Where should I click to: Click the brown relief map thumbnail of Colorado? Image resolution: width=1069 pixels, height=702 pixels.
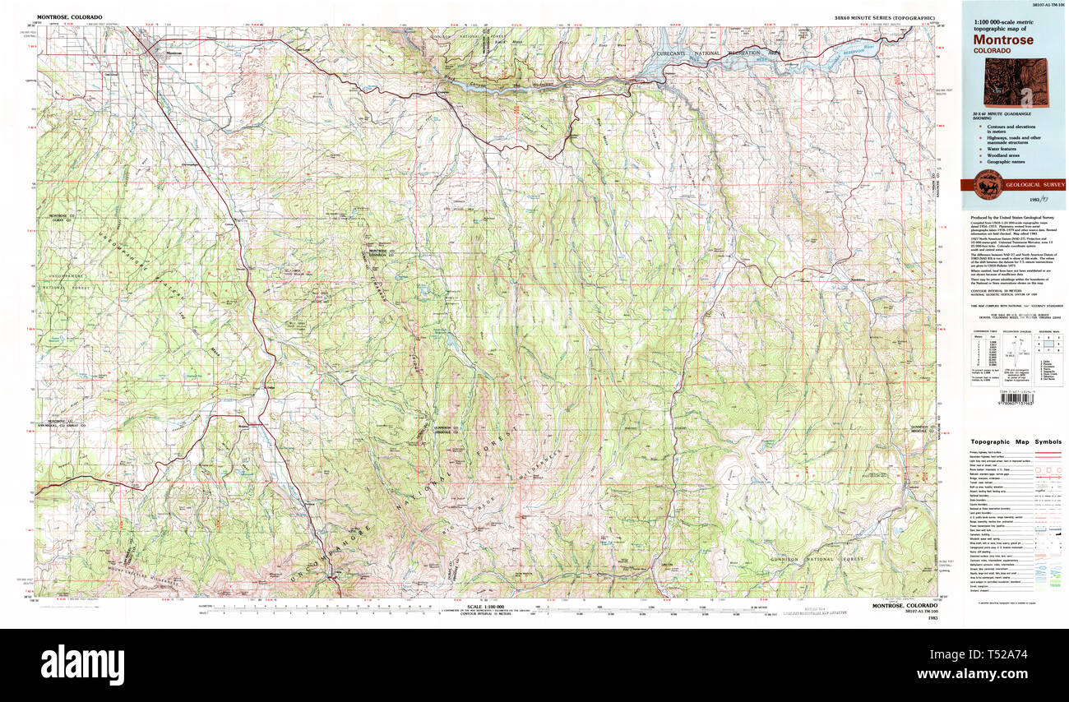pos(1011,82)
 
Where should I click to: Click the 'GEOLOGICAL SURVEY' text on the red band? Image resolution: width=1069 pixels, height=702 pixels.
pos(1032,184)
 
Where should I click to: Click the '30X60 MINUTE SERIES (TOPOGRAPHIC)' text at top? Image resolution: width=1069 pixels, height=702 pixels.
pos(884,17)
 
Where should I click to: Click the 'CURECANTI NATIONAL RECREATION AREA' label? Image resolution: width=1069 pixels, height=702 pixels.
pos(724,53)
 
